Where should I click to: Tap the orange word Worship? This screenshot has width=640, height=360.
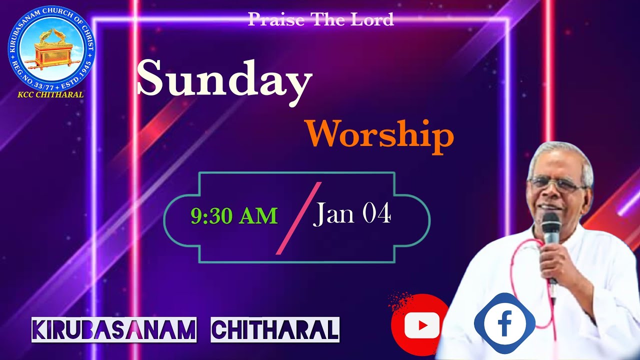tap(380, 135)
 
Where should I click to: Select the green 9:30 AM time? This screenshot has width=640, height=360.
tap(234, 216)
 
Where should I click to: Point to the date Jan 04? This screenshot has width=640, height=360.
tap(352, 214)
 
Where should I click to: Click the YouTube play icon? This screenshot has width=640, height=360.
tap(421, 325)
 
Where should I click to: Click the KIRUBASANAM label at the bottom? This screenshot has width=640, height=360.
tap(114, 329)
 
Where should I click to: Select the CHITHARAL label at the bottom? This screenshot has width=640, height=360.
tap(275, 329)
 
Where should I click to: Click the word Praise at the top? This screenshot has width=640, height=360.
tap(276, 19)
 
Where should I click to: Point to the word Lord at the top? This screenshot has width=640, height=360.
tap(372, 19)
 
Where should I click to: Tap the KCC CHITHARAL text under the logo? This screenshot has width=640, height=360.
tap(51, 94)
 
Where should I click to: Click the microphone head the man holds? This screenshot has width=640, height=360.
tap(550, 223)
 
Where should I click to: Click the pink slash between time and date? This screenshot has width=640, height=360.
tap(298, 218)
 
